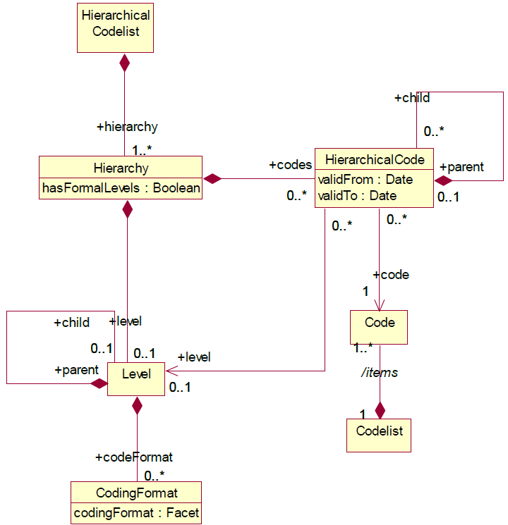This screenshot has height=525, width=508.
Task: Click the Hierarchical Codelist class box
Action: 115,27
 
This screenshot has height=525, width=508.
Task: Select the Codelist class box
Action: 379,435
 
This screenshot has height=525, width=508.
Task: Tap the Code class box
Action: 379,327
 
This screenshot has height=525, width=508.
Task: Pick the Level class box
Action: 136,378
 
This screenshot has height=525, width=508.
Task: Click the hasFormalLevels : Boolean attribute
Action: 120,188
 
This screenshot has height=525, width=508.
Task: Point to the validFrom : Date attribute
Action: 365,180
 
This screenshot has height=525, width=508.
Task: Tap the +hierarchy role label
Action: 127,127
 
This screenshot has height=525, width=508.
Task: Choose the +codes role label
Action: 290,165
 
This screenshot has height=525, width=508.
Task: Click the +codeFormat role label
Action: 134,457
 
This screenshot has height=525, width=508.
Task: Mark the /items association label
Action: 380,373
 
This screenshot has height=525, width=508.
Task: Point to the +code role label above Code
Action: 391,274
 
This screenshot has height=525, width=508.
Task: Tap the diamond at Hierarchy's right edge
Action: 212,178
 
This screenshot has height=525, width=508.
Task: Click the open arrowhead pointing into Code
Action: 380,304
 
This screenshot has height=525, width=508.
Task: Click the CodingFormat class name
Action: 136,492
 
